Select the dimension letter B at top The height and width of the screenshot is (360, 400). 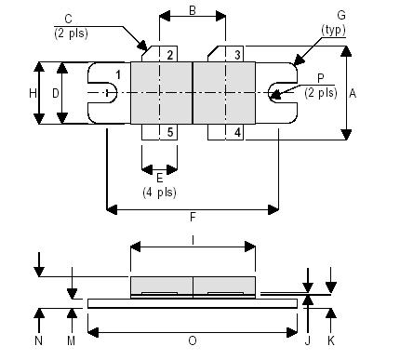point(192,10)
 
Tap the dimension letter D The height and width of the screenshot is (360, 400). point(56,93)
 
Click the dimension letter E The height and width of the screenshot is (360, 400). point(159,176)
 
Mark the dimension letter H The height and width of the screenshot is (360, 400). point(32,93)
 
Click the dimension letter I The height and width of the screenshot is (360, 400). point(193,239)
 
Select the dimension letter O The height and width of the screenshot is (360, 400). point(193,340)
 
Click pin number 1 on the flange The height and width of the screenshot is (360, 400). point(118,74)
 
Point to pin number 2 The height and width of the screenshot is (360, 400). point(170,56)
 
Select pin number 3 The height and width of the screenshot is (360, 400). point(238,56)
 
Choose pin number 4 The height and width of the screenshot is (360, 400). point(238,132)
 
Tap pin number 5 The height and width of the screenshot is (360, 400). point(170,132)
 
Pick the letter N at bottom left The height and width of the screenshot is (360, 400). point(38,340)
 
